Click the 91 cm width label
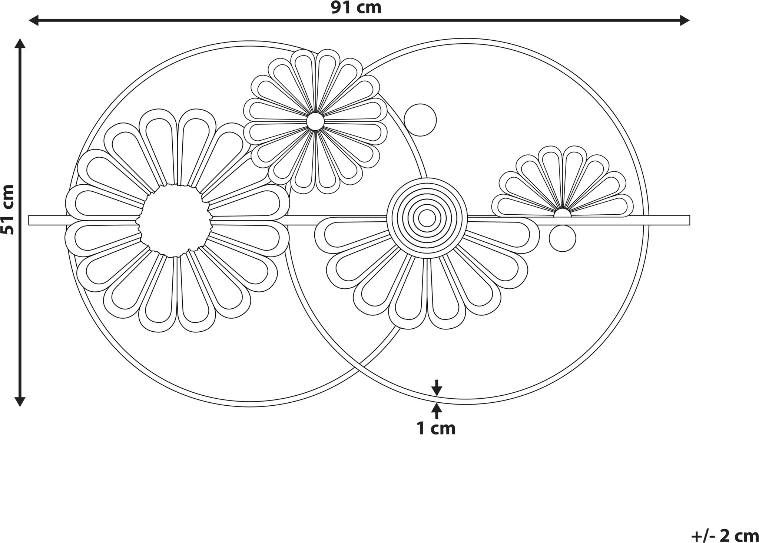(x=356, y=8)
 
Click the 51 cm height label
(x=7, y=210)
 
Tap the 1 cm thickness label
(x=436, y=428)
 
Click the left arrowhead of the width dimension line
(x=34, y=20)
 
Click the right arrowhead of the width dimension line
(x=685, y=20)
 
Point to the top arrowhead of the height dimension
(x=20, y=44)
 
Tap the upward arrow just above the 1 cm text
(x=437, y=411)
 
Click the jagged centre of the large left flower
(x=174, y=221)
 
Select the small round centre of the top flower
(x=315, y=121)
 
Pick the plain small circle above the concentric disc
(x=420, y=120)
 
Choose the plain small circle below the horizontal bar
(x=563, y=239)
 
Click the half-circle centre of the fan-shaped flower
(x=563, y=212)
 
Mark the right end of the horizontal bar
(x=689, y=220)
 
